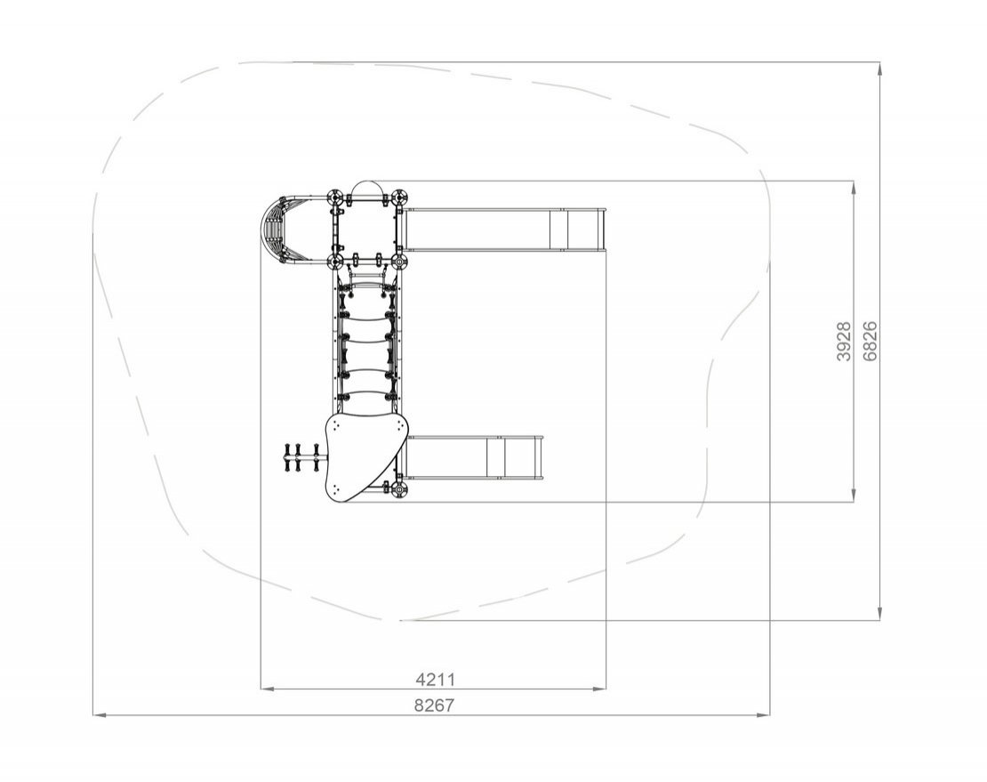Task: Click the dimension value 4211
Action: pyautogui.click(x=435, y=680)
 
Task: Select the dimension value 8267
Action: pyautogui.click(x=434, y=705)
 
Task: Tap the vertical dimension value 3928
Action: pyautogui.click(x=844, y=342)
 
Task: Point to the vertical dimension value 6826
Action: pyautogui.click(x=870, y=342)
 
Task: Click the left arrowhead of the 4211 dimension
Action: pyautogui.click(x=267, y=689)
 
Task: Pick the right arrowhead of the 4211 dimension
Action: pyautogui.click(x=599, y=689)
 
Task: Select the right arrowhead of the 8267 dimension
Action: pyautogui.click(x=763, y=714)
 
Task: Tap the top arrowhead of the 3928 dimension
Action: pyautogui.click(x=854, y=189)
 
